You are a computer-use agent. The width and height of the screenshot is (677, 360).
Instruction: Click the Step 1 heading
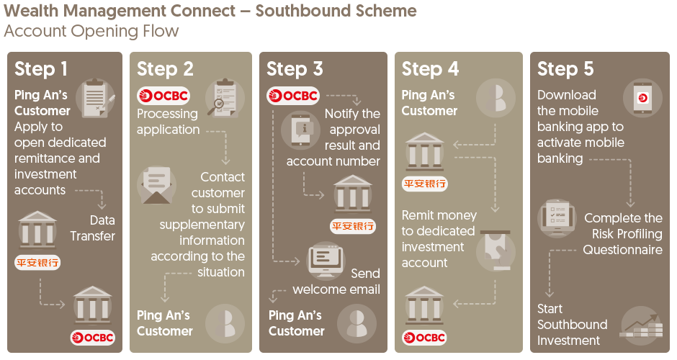point(41,69)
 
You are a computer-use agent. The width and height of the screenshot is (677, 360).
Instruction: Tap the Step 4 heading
point(430,69)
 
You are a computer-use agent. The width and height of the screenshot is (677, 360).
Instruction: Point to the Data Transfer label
point(92,228)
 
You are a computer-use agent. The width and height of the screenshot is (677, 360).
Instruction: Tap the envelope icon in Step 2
point(156,184)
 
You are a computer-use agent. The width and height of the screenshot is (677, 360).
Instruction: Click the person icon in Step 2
point(225,323)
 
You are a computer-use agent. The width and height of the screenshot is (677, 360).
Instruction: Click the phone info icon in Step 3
point(300,131)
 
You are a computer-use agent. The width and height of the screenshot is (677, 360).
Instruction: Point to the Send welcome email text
point(336,282)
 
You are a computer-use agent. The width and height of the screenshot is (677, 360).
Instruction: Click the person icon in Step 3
point(357,323)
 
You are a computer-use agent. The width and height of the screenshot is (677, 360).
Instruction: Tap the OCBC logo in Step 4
point(425,337)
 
